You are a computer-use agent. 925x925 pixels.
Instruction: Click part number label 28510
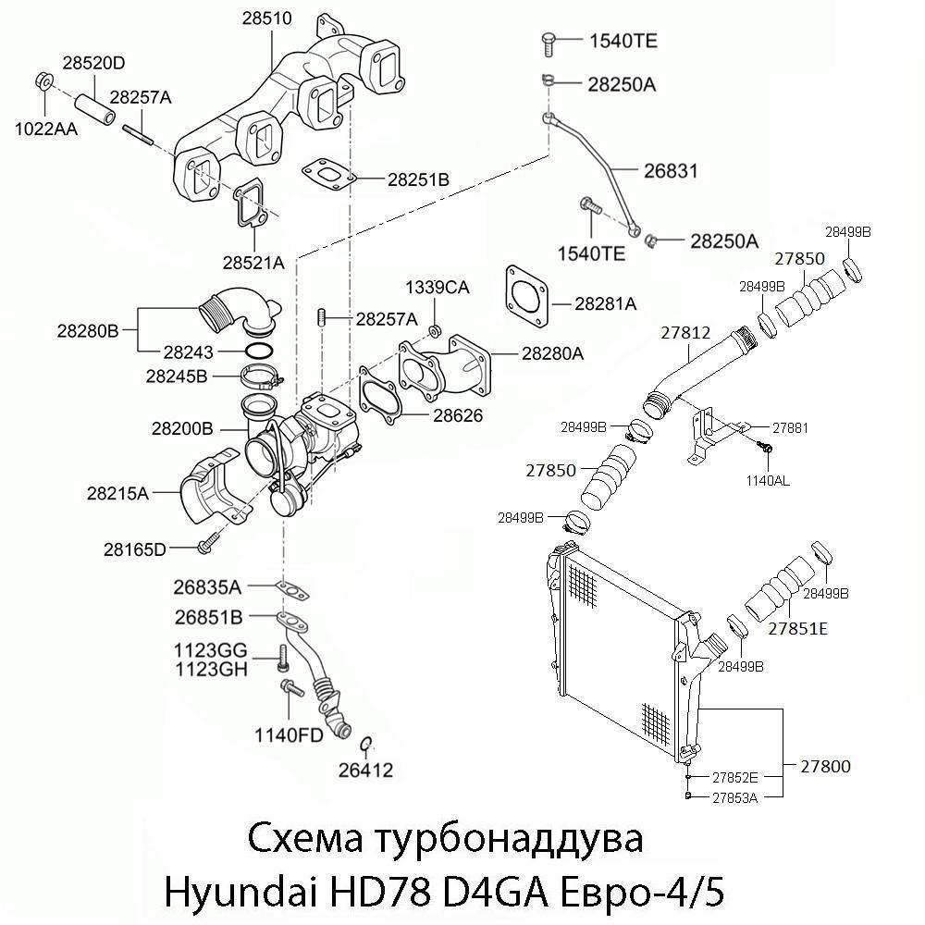pyautogui.click(x=267, y=18)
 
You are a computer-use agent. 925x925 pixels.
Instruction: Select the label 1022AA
pyautogui.click(x=45, y=129)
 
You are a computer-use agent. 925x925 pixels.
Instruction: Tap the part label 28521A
pyautogui.click(x=253, y=263)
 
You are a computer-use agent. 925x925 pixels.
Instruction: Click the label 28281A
pyautogui.click(x=606, y=303)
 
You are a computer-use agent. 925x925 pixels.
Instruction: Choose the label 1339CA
pyautogui.click(x=437, y=288)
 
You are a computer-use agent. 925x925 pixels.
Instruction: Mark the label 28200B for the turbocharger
pyautogui.click(x=182, y=429)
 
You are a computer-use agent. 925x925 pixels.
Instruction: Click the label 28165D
pyautogui.click(x=134, y=549)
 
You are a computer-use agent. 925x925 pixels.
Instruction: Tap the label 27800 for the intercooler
pyautogui.click(x=825, y=766)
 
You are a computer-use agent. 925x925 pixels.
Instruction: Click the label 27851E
pyautogui.click(x=797, y=629)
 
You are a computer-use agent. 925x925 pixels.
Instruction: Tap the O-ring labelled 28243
pyautogui.click(x=261, y=351)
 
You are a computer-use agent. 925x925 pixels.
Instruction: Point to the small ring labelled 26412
pyautogui.click(x=365, y=745)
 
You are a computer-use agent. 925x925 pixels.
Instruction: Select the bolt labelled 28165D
pyautogui.click(x=208, y=542)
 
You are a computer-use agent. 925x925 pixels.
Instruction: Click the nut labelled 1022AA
pyautogui.click(x=43, y=80)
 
